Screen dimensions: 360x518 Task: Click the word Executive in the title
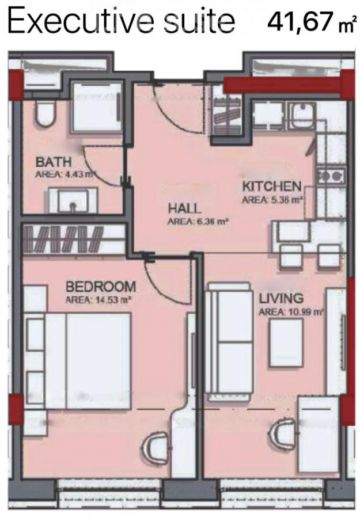pyautogui.click(x=81, y=21)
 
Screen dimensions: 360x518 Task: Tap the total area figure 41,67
pyautogui.click(x=300, y=22)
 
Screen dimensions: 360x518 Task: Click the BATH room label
pyautogui.click(x=54, y=162)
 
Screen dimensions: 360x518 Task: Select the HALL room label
pyautogui.click(x=184, y=208)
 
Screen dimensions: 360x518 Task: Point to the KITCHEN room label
pyautogui.click(x=272, y=186)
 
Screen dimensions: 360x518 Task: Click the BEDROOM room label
pyautogui.click(x=101, y=287)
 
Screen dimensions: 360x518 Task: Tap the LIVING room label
pyautogui.click(x=281, y=298)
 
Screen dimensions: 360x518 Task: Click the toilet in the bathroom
pyautogui.click(x=46, y=113)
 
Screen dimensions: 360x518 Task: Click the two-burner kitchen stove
pyautogui.click(x=331, y=176)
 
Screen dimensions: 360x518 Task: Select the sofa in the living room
pyautogui.click(x=229, y=341)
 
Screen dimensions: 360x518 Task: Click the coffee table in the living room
pyautogui.click(x=286, y=342)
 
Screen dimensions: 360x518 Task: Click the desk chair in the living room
pyautogui.click(x=285, y=435)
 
